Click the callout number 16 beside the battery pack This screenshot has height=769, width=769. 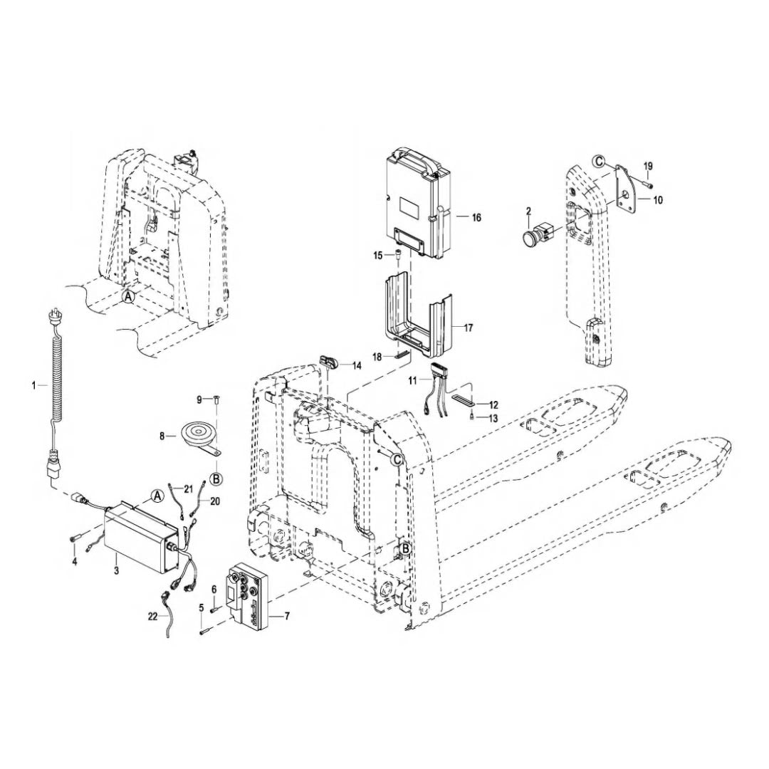coord(476,217)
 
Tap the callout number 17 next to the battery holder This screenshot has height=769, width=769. coord(468,328)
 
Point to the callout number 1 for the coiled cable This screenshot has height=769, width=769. coord(33,385)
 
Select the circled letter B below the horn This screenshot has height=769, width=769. coord(216,476)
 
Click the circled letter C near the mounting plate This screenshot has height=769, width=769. coord(600,162)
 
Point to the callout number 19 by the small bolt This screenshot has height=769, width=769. coord(648,167)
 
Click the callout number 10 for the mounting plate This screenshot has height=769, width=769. coord(657,200)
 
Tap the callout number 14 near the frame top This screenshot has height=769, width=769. coord(355,365)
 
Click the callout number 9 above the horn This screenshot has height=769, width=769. coord(200,399)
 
